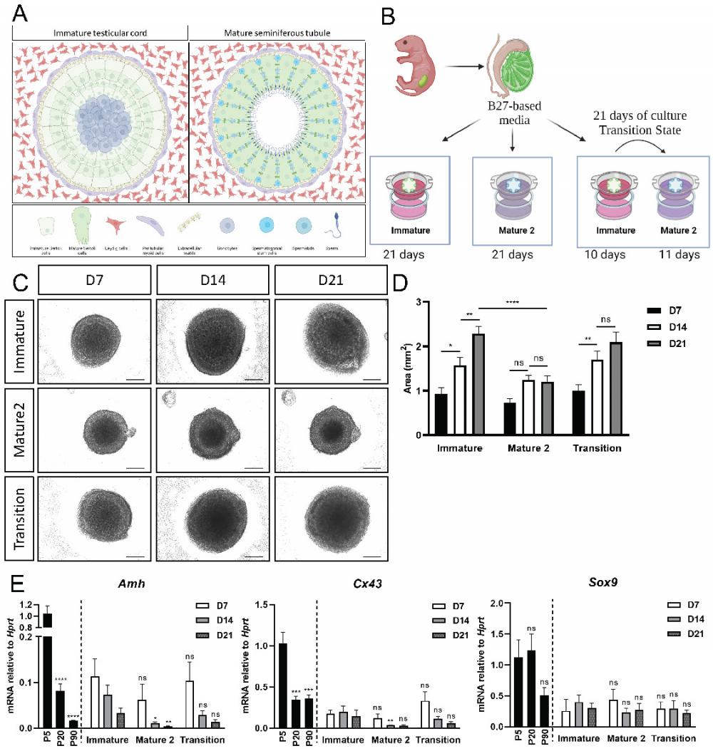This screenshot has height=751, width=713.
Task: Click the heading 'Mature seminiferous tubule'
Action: pyautogui.click(x=277, y=33)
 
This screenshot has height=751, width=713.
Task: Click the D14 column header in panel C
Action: pyautogui.click(x=212, y=279)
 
